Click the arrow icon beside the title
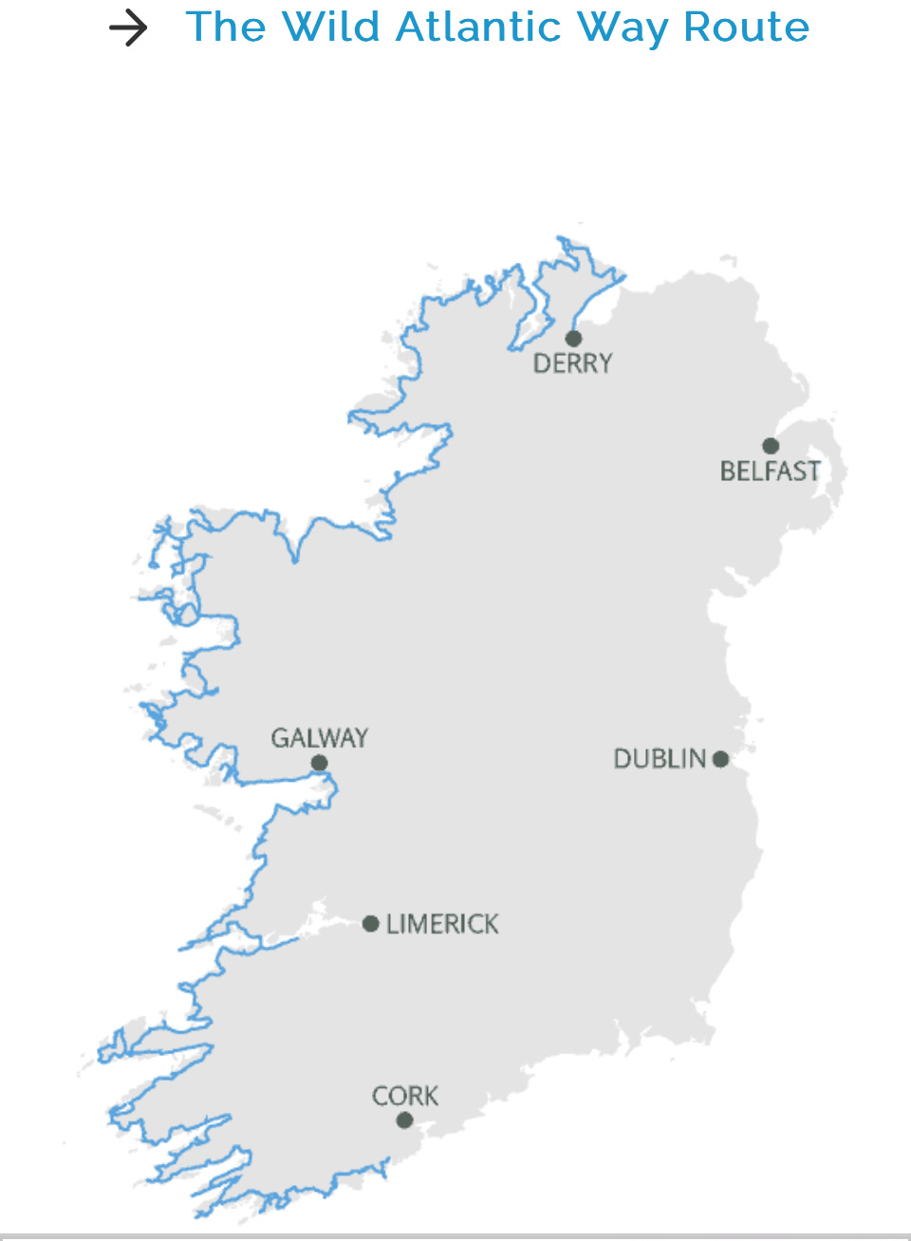(x=128, y=28)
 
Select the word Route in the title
(x=746, y=27)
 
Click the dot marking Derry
(x=573, y=339)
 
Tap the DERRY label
(x=573, y=363)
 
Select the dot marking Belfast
(x=771, y=446)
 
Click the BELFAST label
(x=770, y=472)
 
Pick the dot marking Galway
(x=320, y=763)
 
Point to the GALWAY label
(x=320, y=738)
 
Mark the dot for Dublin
(x=720, y=759)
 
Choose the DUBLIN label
(x=660, y=759)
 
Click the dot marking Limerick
(x=371, y=924)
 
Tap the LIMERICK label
(x=442, y=924)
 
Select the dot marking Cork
(x=405, y=1121)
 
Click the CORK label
(x=405, y=1097)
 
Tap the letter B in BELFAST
(x=728, y=472)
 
